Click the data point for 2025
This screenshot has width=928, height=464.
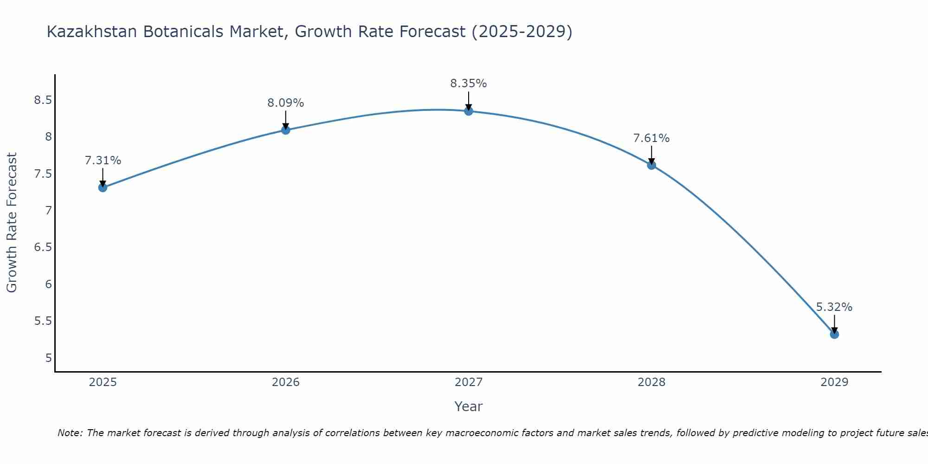click(103, 187)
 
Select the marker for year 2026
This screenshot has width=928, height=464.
click(286, 130)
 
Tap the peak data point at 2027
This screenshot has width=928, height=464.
click(469, 111)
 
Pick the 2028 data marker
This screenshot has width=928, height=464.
click(651, 165)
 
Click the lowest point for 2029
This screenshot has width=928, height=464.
click(834, 334)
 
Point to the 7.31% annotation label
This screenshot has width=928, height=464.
click(103, 161)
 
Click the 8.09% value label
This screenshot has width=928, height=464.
click(286, 103)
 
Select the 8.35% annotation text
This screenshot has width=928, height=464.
click(469, 84)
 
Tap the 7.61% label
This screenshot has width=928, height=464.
click(651, 138)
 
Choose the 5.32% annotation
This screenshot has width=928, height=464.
click(834, 307)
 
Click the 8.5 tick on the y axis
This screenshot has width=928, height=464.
click(43, 100)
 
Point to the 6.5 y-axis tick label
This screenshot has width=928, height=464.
click(43, 247)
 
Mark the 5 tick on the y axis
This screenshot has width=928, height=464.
click(48, 358)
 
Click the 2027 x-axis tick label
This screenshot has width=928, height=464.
click(469, 382)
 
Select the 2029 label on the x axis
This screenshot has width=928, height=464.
click(834, 382)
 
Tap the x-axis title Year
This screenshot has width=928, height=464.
click(469, 406)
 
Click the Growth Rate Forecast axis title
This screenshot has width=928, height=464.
click(12, 223)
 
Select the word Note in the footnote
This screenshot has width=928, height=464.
click(70, 433)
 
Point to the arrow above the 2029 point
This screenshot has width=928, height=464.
click(834, 323)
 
